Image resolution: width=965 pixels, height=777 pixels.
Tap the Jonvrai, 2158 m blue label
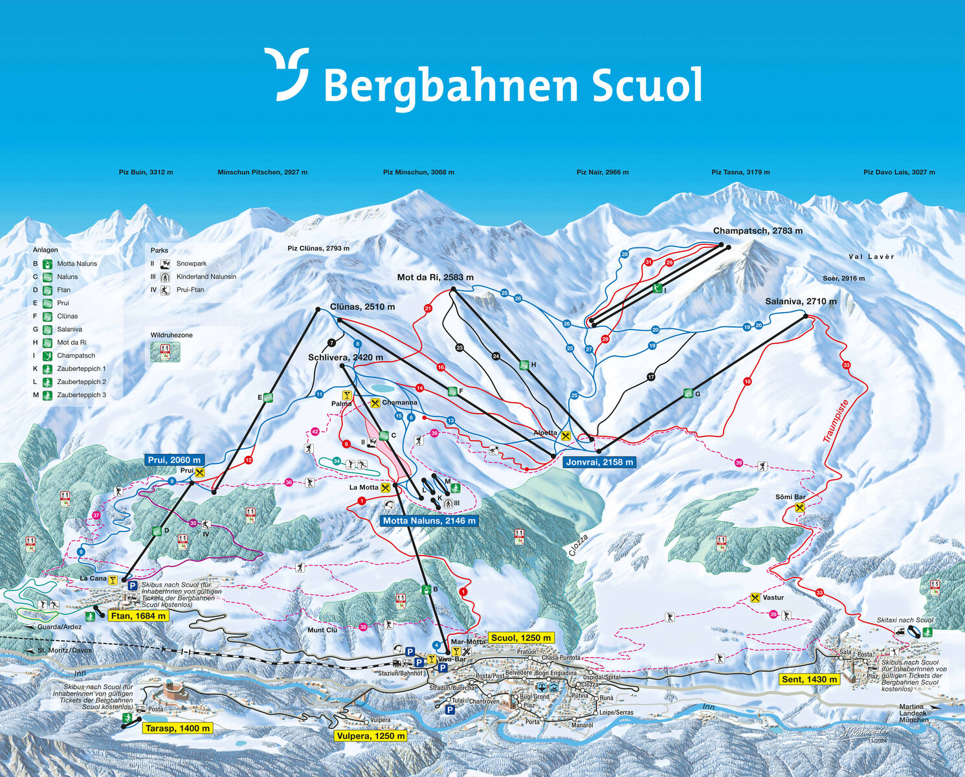click(x=599, y=462)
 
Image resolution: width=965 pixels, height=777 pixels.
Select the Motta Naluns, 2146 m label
click(x=428, y=521)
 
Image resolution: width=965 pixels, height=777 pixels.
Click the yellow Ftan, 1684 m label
click(x=139, y=616)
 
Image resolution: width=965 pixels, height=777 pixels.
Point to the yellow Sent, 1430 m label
click(x=809, y=679)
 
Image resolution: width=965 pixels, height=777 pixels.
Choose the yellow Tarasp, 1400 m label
click(x=177, y=728)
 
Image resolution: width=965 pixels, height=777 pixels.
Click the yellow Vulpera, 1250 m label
click(x=371, y=736)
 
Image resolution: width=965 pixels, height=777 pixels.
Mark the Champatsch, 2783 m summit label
click(x=757, y=231)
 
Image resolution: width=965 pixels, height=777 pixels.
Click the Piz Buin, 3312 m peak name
click(x=146, y=172)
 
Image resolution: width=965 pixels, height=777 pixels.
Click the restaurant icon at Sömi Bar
click(x=799, y=508)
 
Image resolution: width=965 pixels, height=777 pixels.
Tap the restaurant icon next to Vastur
click(x=755, y=598)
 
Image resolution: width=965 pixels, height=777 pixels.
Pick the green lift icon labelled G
click(x=688, y=393)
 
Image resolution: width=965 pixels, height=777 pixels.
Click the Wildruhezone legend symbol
click(x=165, y=352)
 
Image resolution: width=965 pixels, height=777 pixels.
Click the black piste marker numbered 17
click(x=650, y=377)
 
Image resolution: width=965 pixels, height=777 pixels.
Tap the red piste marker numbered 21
click(x=428, y=309)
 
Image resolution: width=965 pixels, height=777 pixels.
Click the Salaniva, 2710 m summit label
click(x=800, y=302)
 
